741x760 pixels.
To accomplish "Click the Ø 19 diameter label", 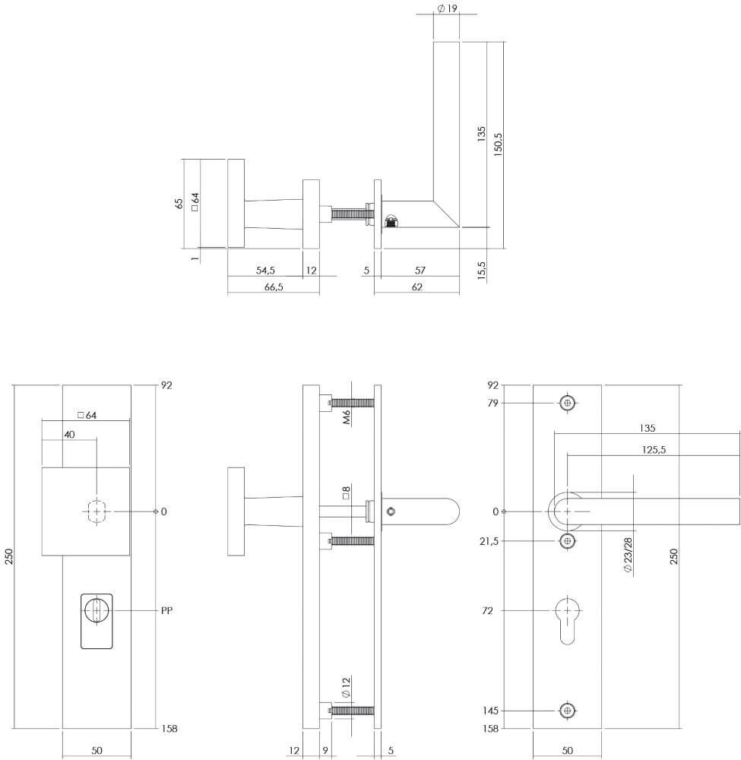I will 447,8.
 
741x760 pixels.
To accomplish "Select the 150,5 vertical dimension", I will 499,141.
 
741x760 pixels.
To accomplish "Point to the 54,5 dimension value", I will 265,271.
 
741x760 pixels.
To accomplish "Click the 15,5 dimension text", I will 482,271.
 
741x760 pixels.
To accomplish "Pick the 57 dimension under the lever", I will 420,271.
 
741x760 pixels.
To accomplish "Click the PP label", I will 168,610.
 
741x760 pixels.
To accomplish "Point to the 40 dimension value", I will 69,433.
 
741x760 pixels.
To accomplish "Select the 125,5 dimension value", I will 654,450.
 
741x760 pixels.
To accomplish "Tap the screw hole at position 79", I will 567,403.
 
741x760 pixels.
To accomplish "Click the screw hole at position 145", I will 567,711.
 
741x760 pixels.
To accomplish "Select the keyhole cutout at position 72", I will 567,619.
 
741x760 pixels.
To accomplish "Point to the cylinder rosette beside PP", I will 97,621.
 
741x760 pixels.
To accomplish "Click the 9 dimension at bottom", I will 325,751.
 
